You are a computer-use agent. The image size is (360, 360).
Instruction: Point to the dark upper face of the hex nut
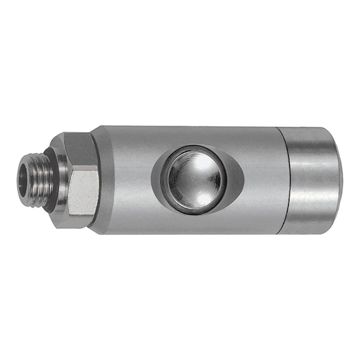[x=81, y=150]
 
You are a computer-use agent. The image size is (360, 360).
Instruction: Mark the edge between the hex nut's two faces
[x=82, y=168]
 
